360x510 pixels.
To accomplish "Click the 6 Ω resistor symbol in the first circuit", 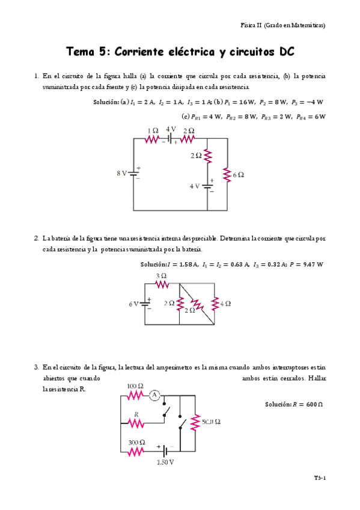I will click(227, 174).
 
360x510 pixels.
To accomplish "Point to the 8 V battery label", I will click(122, 173).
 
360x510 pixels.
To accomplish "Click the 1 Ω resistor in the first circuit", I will click(152, 138).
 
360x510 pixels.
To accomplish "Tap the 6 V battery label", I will click(134, 304).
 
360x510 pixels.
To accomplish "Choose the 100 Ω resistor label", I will click(135, 386).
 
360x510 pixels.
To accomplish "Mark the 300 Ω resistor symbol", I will click(136, 450).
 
